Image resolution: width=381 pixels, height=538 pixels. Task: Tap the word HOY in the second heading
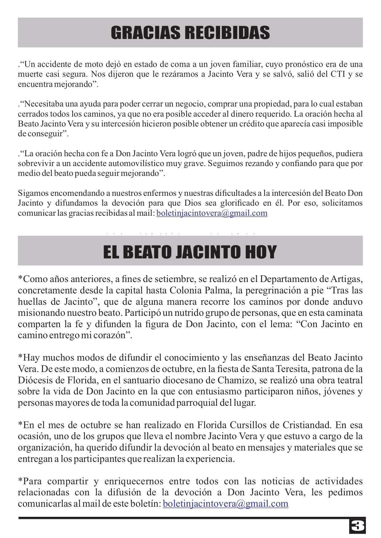261,252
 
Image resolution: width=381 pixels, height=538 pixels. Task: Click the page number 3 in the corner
357,526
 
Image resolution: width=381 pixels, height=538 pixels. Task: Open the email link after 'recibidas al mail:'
212,213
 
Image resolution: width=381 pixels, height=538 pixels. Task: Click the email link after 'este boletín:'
226,504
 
